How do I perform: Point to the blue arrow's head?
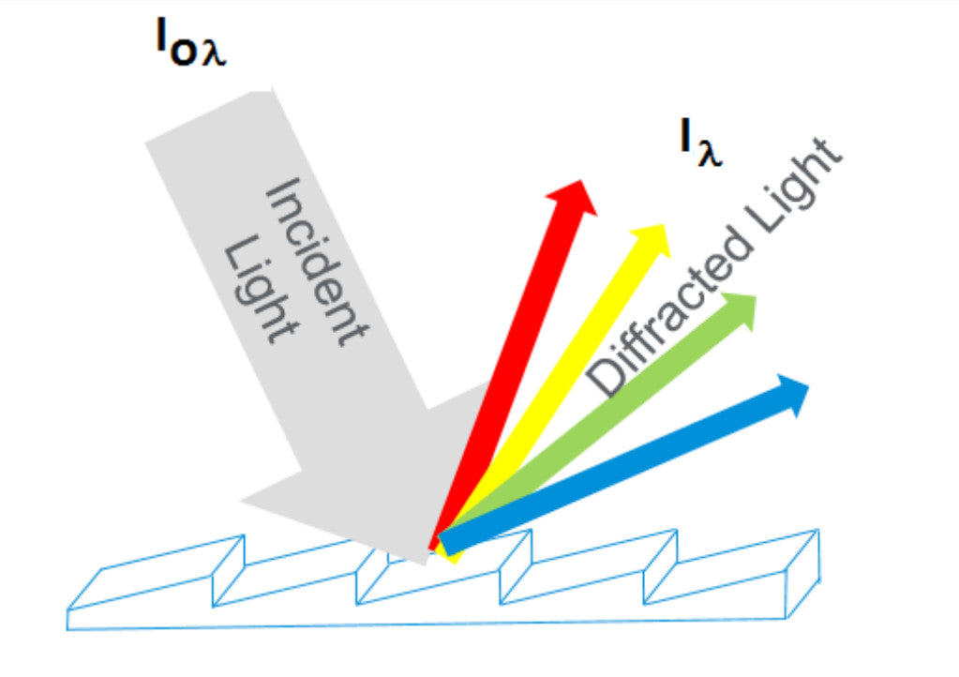point(792,393)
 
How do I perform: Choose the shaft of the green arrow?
point(600,422)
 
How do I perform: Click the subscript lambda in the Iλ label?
point(711,153)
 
